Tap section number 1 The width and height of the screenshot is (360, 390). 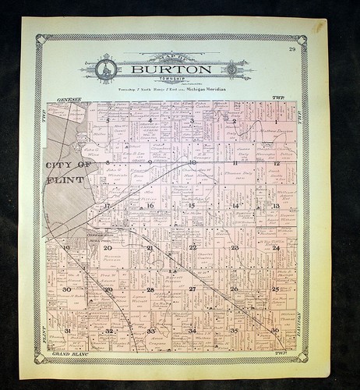[x=275, y=122]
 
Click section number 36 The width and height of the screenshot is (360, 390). [x=274, y=329]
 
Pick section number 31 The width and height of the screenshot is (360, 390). [x=67, y=330]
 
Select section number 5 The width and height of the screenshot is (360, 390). [x=108, y=122]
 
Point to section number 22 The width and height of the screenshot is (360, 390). [x=192, y=247]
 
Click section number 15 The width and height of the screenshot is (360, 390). [x=191, y=205]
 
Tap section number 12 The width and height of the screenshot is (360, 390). [x=276, y=164]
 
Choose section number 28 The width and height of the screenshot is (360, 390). [x=150, y=289]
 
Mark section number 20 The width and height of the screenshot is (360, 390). [x=108, y=248]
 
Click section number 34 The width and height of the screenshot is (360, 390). [x=192, y=331]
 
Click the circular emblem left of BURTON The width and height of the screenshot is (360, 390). [x=107, y=70]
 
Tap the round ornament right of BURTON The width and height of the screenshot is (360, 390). [x=231, y=69]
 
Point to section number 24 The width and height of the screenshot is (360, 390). [x=275, y=247]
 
